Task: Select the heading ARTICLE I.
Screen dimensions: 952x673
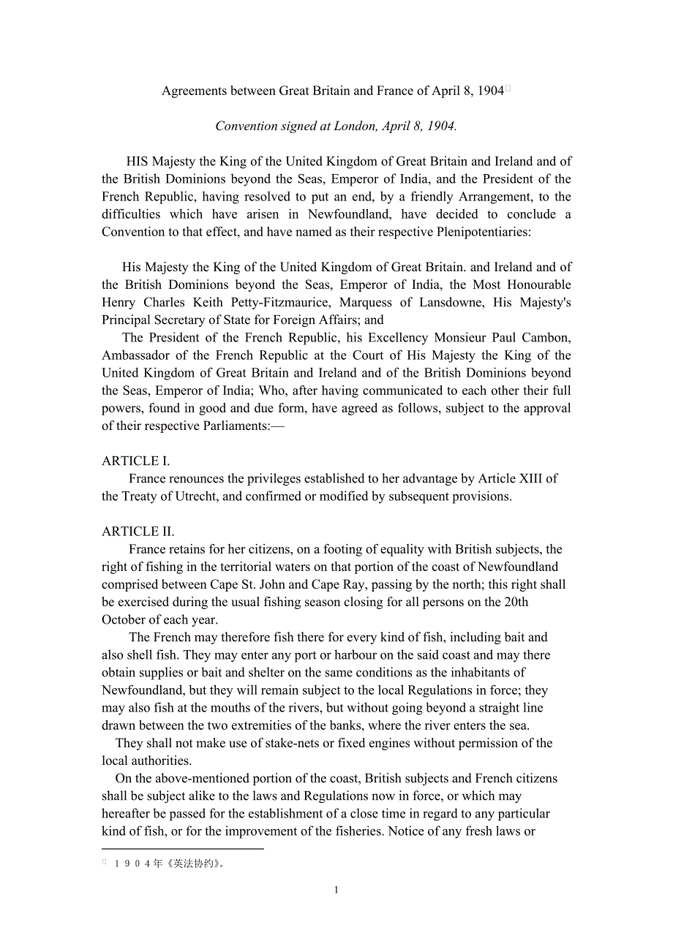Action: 136,461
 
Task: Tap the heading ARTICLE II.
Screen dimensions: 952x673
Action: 138,532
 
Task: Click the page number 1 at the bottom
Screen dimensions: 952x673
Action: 336,891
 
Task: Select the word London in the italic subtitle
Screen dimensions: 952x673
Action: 356,126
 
